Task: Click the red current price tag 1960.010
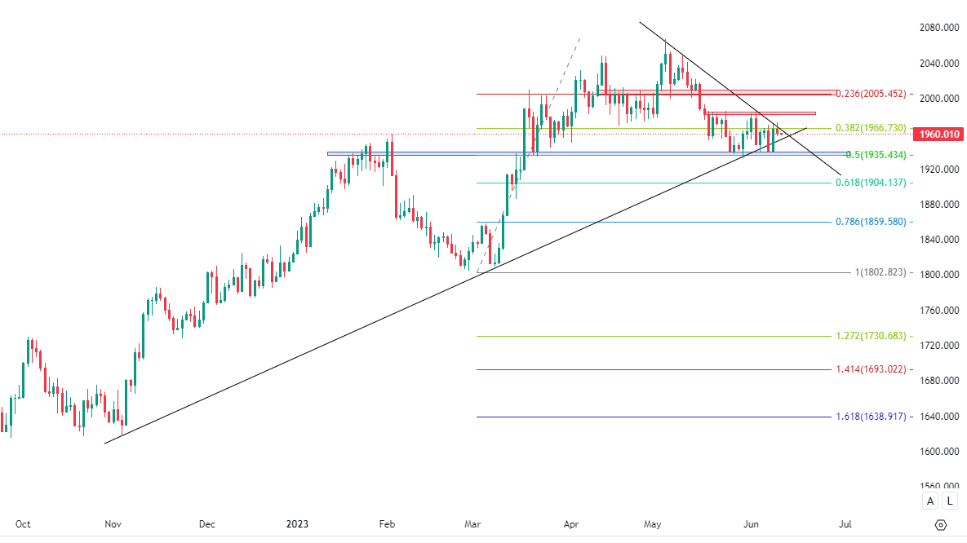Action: (938, 134)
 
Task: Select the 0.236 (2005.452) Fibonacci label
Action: (871, 94)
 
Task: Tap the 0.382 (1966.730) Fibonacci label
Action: (871, 128)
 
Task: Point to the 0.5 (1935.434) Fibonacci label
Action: (876, 155)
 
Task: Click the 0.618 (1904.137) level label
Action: (871, 183)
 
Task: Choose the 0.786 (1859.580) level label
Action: (871, 222)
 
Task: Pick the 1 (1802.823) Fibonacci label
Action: (881, 272)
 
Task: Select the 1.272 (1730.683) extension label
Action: (871, 336)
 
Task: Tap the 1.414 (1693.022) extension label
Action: (871, 369)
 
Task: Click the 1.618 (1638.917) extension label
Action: (871, 417)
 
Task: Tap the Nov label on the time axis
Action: (113, 523)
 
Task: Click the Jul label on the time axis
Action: (845, 523)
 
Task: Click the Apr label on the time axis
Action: (571, 523)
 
